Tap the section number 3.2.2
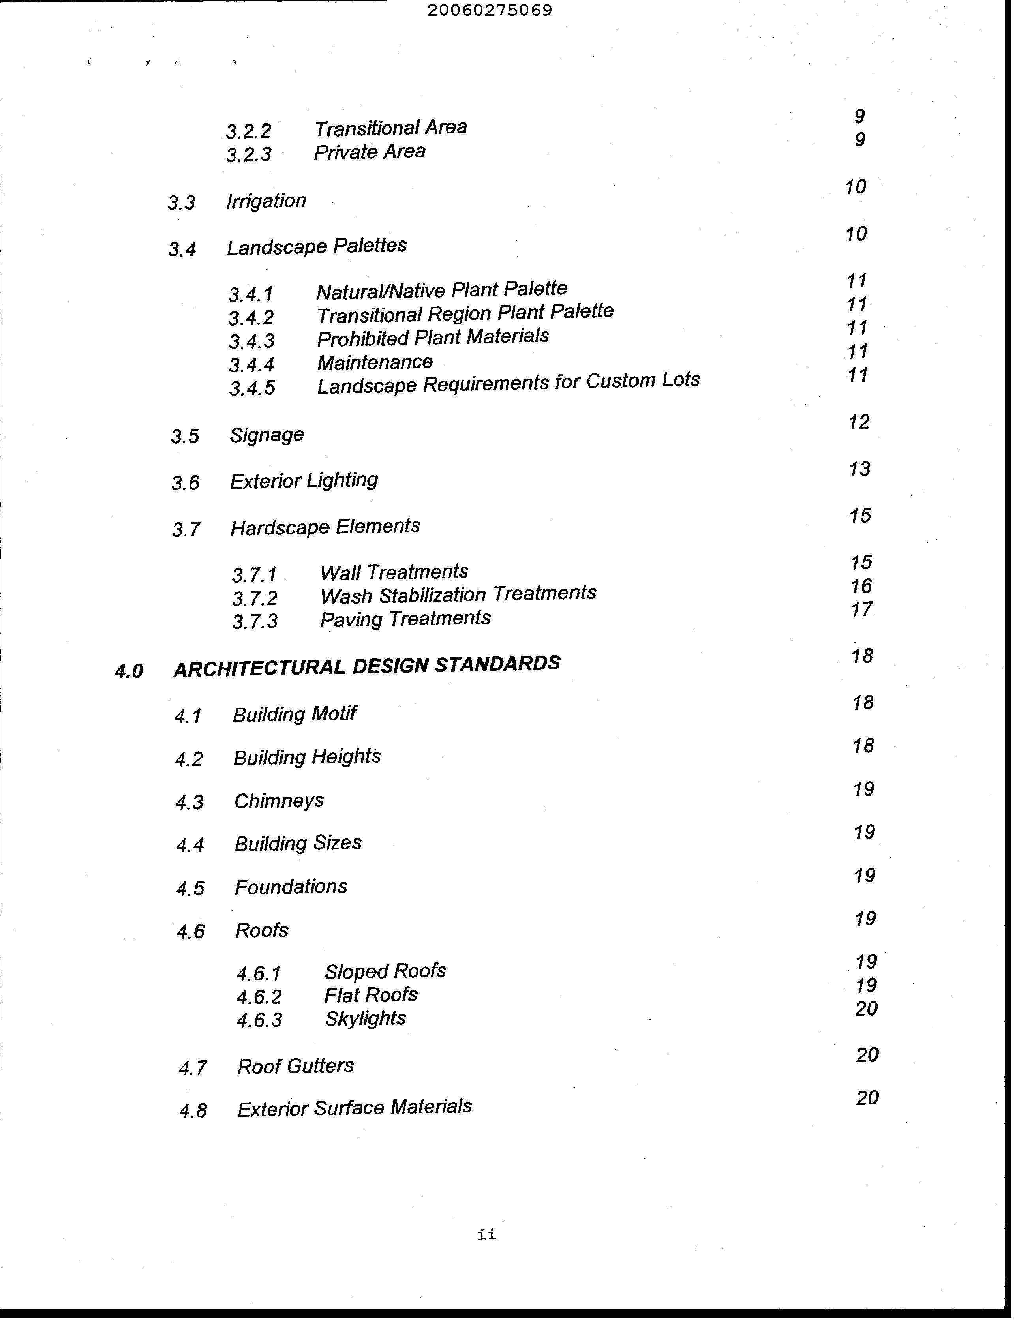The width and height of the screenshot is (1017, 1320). click(x=248, y=131)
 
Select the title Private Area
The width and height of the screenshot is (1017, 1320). click(x=370, y=152)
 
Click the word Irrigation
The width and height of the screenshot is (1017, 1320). click(x=266, y=201)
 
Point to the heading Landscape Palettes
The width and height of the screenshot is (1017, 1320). click(x=316, y=246)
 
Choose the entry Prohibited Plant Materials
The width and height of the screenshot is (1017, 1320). click(x=433, y=337)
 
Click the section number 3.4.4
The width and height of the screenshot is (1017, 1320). click(x=251, y=364)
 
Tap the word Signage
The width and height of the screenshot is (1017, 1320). click(x=266, y=435)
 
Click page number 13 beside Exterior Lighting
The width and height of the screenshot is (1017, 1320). click(x=859, y=469)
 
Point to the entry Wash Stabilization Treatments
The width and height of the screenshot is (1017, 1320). click(x=458, y=594)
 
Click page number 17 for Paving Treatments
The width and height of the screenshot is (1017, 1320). click(x=861, y=609)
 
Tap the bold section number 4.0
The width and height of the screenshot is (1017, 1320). click(x=129, y=671)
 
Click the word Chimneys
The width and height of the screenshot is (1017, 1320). click(x=279, y=801)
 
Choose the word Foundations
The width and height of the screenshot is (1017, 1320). click(x=291, y=887)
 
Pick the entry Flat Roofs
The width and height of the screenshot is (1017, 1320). click(x=371, y=995)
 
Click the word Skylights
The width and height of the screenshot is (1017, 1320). click(x=365, y=1018)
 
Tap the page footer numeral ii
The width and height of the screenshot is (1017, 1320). click(x=487, y=1234)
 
